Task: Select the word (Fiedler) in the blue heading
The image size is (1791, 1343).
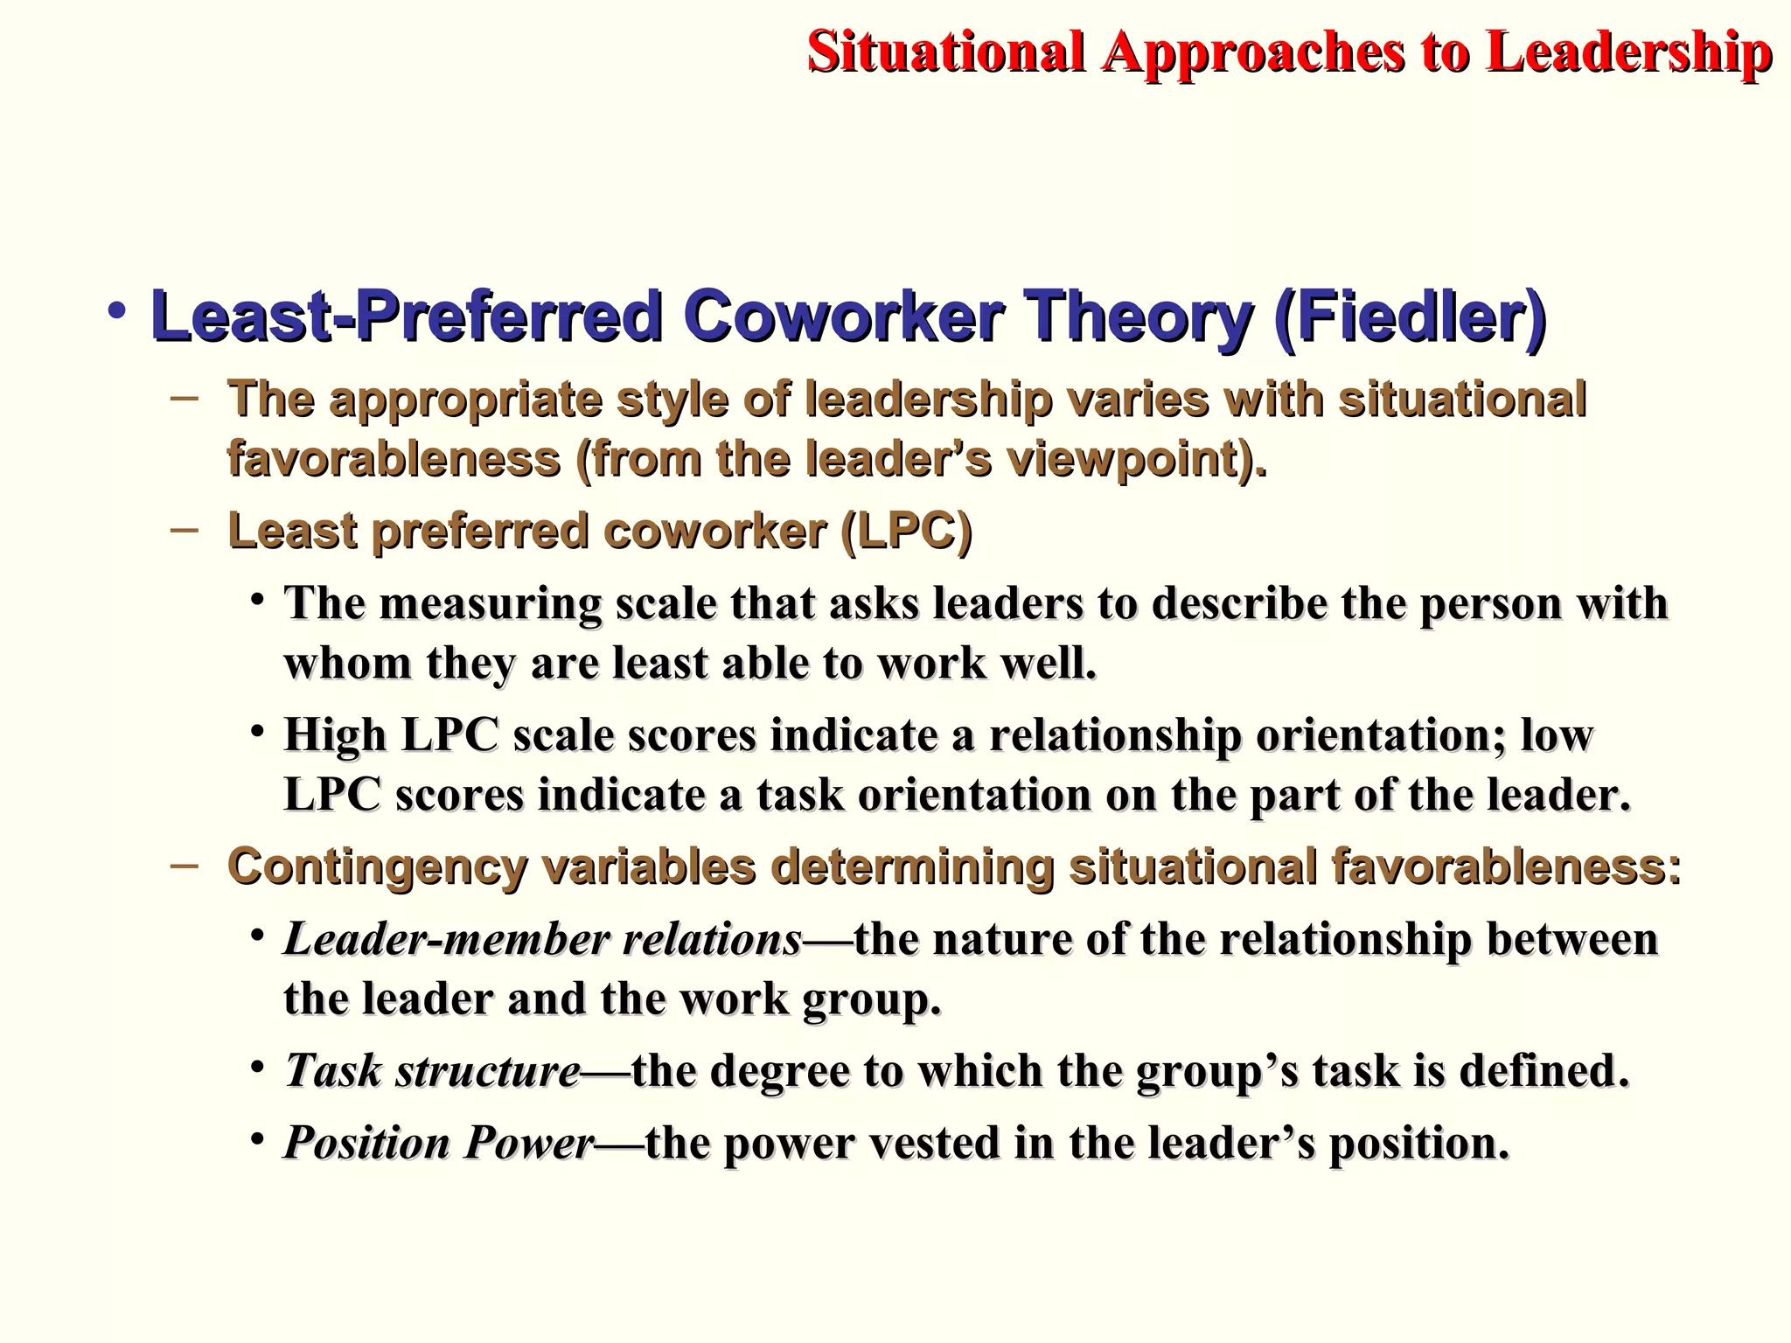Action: click(1410, 317)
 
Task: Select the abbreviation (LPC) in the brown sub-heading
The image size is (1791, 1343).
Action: click(906, 532)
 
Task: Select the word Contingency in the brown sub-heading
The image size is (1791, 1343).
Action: click(377, 868)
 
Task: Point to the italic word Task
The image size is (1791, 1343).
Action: click(333, 1071)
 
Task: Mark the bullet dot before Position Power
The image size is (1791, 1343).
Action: click(256, 1138)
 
